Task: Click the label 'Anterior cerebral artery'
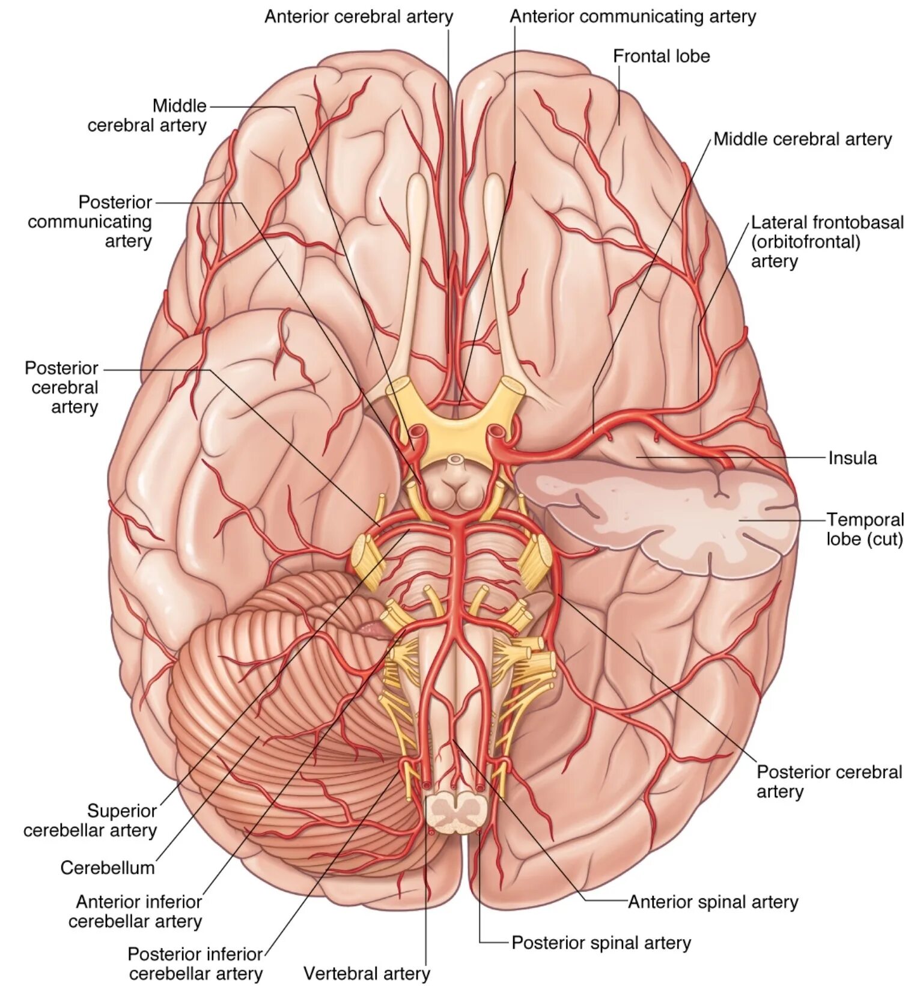[359, 17]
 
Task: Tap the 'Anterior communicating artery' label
[633, 17]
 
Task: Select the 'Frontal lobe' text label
[661, 56]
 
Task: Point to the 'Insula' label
[852, 458]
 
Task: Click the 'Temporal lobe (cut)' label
[865, 529]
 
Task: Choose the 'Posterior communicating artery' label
[90, 221]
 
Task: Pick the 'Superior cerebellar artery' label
[90, 820]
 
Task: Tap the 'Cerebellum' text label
[108, 867]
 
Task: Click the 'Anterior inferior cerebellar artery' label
[136, 911]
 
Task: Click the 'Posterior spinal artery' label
[601, 943]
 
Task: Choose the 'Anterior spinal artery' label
[713, 902]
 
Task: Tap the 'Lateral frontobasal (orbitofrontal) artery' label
[827, 242]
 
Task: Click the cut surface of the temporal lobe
[661, 517]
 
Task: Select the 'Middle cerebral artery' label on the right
[802, 139]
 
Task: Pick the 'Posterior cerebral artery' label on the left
[62, 387]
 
